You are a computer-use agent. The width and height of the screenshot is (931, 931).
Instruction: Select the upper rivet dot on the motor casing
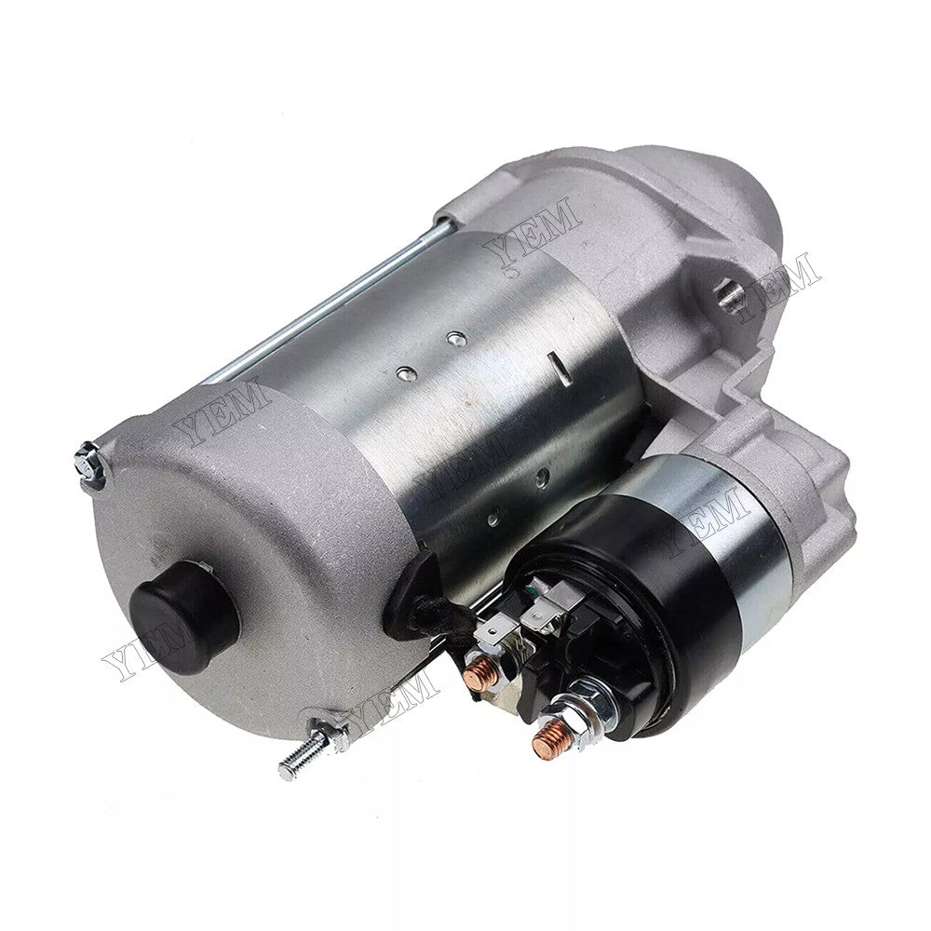click(453, 340)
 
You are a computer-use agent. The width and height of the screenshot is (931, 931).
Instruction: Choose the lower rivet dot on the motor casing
click(406, 372)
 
